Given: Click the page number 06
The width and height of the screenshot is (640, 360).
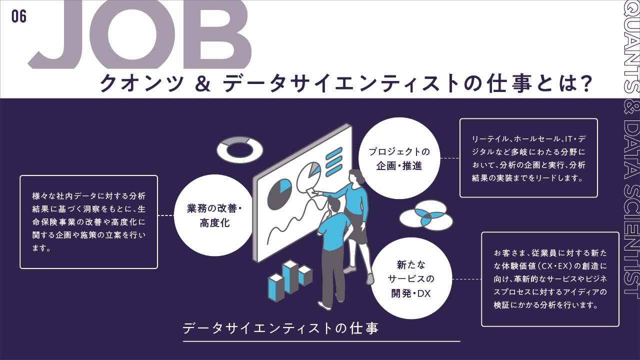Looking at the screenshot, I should (x=19, y=16).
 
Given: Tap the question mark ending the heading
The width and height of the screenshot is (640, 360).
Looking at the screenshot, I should (x=582, y=83).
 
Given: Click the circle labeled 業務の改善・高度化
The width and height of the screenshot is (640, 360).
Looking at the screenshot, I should (x=214, y=215).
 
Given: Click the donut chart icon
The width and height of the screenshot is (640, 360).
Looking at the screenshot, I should (x=239, y=149).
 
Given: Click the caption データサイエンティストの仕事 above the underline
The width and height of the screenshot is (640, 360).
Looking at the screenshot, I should (x=280, y=328).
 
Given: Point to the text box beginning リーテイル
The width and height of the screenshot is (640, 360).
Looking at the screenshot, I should (x=528, y=157).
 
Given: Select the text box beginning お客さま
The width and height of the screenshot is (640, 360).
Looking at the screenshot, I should (x=549, y=279).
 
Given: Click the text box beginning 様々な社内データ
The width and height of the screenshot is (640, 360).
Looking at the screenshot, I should (x=88, y=221).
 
